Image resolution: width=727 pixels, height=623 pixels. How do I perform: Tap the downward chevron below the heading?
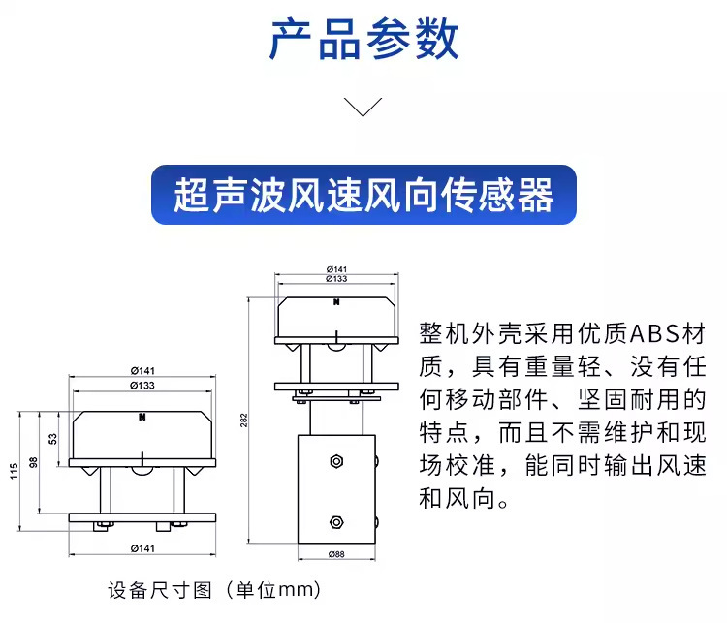(x=363, y=108)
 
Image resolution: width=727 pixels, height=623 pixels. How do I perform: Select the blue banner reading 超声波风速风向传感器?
(x=363, y=195)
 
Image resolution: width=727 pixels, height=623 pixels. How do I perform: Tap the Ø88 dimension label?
(x=336, y=554)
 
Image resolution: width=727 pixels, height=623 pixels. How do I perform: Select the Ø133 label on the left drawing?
(x=142, y=386)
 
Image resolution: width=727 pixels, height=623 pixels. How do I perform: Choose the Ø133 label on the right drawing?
(x=336, y=278)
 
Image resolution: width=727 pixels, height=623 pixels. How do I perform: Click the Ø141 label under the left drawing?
(x=142, y=549)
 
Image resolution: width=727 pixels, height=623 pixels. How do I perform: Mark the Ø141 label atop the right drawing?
(x=336, y=268)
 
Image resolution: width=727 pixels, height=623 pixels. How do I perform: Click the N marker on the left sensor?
(x=142, y=418)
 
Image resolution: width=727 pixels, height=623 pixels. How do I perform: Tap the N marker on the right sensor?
(x=336, y=303)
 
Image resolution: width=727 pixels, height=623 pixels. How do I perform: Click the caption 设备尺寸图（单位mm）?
(x=213, y=589)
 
